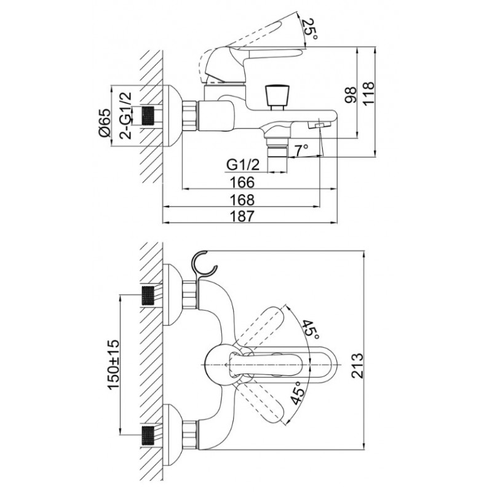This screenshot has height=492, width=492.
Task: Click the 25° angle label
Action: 310,30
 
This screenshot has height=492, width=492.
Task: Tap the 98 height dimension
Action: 351,95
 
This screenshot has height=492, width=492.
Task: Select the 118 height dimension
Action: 368,93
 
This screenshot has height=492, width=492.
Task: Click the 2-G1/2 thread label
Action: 125,116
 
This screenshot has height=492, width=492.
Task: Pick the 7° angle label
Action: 301,151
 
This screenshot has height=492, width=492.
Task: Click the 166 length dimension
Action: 242,182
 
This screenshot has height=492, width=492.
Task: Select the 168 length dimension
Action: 242,200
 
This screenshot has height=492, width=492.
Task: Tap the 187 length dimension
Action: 242,216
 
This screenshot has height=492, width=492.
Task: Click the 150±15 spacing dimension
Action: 114,364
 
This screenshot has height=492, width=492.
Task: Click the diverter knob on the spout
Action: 276,97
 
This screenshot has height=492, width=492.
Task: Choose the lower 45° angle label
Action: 297,392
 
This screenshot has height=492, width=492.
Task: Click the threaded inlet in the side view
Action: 148,116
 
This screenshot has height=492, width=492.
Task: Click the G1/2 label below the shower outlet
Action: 243,164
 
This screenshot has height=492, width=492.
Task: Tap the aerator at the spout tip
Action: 319,125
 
